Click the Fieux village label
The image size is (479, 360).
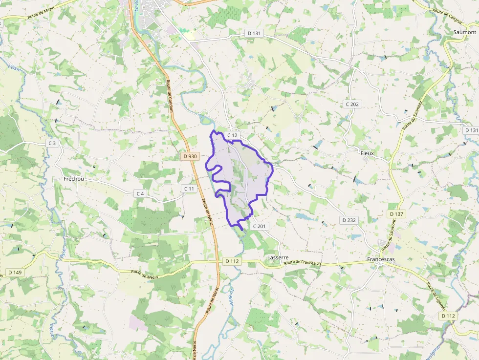367,153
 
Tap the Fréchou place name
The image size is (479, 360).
74,179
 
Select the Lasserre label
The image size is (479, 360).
278,257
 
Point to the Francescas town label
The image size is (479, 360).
381,259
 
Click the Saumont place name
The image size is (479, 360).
464,32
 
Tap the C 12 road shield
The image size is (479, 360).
232,135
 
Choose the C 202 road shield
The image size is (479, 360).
352,104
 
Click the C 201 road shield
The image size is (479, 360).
259,226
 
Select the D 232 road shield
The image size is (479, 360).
349,220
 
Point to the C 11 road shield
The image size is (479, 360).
189,189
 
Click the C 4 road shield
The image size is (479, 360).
140,193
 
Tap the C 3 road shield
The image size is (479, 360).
52,143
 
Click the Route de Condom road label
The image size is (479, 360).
170,96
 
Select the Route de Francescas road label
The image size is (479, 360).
303,263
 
